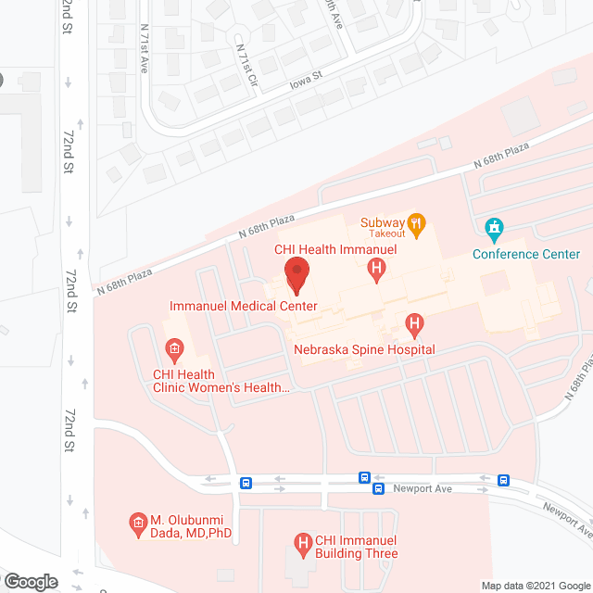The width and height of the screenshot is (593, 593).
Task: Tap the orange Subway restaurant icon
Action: tap(417, 222)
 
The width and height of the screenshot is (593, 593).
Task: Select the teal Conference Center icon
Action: tap(494, 227)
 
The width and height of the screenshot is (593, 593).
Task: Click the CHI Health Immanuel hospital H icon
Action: tap(376, 270)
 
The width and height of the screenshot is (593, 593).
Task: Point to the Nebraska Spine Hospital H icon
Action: tap(415, 325)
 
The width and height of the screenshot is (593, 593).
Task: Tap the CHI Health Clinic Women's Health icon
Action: tap(173, 349)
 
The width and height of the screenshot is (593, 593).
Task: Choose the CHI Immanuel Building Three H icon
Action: tap(301, 543)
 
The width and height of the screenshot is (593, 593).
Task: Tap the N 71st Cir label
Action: tap(246, 64)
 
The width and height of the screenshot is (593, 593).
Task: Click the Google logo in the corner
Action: tap(30, 582)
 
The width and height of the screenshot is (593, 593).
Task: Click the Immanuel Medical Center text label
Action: tap(244, 306)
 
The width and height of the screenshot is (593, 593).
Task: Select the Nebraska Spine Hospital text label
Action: tap(364, 349)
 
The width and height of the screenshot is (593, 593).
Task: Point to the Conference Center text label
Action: tap(526, 254)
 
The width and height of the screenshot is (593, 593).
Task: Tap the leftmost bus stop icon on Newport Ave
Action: tap(246, 483)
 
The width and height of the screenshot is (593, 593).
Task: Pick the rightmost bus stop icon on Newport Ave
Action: tap(503, 480)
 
